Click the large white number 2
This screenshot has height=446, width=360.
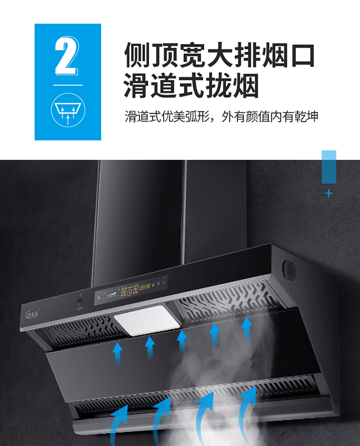pos(66,56)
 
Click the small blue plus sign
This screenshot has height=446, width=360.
pos(329,193)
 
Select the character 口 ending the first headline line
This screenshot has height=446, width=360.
pos(301,57)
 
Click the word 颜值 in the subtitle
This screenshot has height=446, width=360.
pos(254,118)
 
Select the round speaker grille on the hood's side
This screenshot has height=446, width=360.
pos(289,270)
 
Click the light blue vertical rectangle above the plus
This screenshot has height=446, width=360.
pos(328,166)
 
